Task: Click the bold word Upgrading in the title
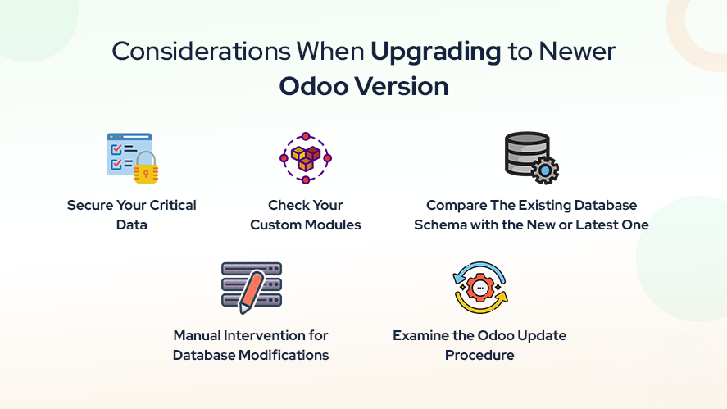(x=436, y=52)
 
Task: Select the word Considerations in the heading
(x=201, y=51)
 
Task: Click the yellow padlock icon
(x=146, y=168)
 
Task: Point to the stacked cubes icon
(x=306, y=157)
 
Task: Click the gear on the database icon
(x=545, y=170)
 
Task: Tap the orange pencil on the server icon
(x=252, y=292)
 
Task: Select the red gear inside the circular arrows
(x=480, y=288)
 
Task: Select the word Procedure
(x=479, y=355)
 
